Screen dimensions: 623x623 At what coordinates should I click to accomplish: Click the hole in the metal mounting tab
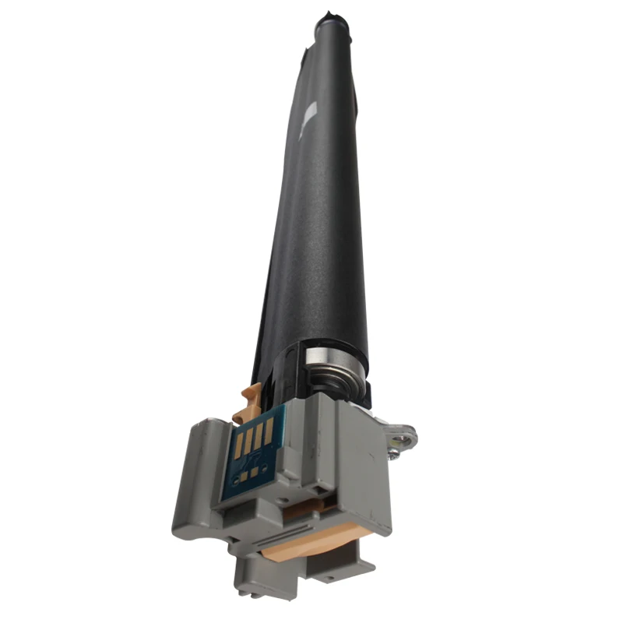pos(403,430)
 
